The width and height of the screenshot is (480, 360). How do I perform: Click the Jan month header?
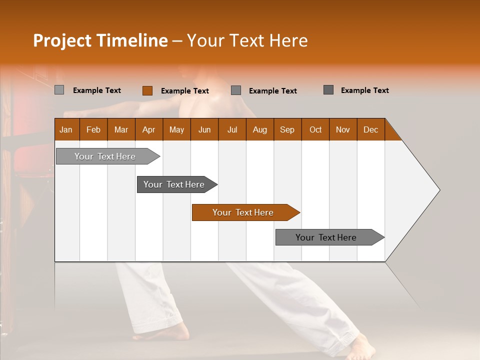[66, 129]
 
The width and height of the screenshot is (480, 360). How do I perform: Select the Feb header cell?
[93, 129]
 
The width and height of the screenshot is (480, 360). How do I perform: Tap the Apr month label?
[148, 129]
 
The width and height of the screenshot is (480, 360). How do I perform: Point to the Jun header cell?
[204, 129]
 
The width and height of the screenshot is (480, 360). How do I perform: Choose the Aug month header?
[259, 129]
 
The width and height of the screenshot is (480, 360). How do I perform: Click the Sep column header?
[287, 129]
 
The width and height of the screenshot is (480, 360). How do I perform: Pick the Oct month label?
[315, 129]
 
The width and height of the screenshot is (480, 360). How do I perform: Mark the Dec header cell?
[370, 129]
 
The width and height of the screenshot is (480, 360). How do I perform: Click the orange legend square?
[147, 90]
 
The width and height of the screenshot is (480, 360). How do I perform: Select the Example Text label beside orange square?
[184, 91]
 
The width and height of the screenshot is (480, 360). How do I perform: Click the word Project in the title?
[62, 40]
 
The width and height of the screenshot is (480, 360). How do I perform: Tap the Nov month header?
[342, 129]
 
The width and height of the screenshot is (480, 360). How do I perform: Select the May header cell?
[176, 129]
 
